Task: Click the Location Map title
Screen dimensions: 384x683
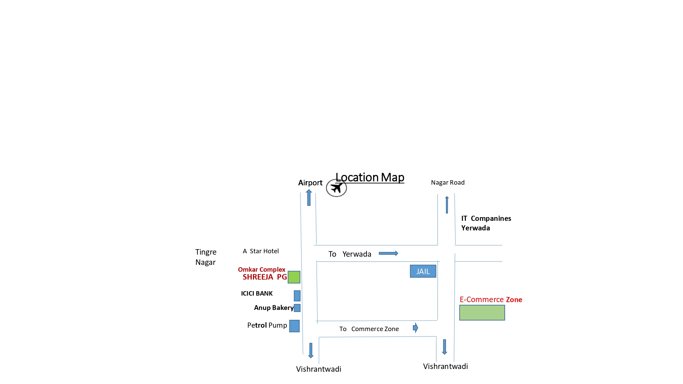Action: [370, 177]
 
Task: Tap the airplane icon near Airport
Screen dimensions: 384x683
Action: [336, 188]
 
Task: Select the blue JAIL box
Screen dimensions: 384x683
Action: [423, 271]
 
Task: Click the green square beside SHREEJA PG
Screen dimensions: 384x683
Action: [294, 277]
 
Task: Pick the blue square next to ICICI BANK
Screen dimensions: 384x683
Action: [297, 296]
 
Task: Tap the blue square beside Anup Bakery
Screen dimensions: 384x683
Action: [297, 308]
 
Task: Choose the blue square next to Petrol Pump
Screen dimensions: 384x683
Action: [294, 326]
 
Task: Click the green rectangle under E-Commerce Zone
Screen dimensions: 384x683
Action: [482, 313]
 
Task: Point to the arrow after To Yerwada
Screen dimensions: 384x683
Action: [388, 253]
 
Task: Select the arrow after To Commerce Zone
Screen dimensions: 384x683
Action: [415, 328]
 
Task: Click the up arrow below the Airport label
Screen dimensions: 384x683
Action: [309, 198]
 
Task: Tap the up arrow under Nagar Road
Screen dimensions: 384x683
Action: [447, 205]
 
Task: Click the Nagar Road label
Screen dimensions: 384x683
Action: [448, 183]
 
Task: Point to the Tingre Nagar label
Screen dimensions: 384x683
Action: [206, 257]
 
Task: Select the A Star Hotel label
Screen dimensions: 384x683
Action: [261, 251]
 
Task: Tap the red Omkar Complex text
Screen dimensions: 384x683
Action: [262, 270]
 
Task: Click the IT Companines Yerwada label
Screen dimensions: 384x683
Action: [486, 223]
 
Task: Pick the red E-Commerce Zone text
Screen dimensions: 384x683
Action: [491, 300]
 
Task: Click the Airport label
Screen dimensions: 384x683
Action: [310, 183]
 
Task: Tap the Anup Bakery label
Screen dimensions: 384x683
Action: [274, 308]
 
